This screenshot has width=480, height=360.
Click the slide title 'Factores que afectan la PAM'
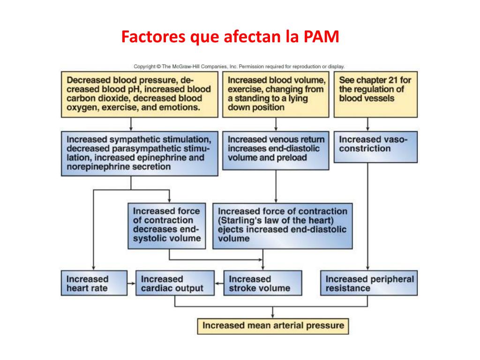[230, 37]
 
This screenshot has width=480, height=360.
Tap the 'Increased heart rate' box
[94, 283]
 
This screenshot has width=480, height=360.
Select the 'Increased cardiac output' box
[174, 283]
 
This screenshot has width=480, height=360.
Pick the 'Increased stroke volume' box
[262, 283]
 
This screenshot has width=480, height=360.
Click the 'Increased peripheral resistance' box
[369, 283]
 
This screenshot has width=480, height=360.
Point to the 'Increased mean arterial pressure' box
[273, 326]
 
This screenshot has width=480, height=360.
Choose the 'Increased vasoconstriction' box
[375, 146]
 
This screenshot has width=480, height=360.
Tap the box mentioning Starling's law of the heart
[282, 225]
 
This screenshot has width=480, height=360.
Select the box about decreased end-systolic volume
[166, 225]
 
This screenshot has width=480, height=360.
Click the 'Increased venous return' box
[276, 150]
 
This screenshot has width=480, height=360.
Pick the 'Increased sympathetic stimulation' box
[139, 153]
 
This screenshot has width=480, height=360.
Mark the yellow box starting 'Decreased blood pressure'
[139, 94]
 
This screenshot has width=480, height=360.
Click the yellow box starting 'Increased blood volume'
[276, 94]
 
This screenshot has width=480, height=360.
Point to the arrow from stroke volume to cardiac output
[218, 283]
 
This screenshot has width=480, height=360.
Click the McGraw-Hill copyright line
[239, 67]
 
